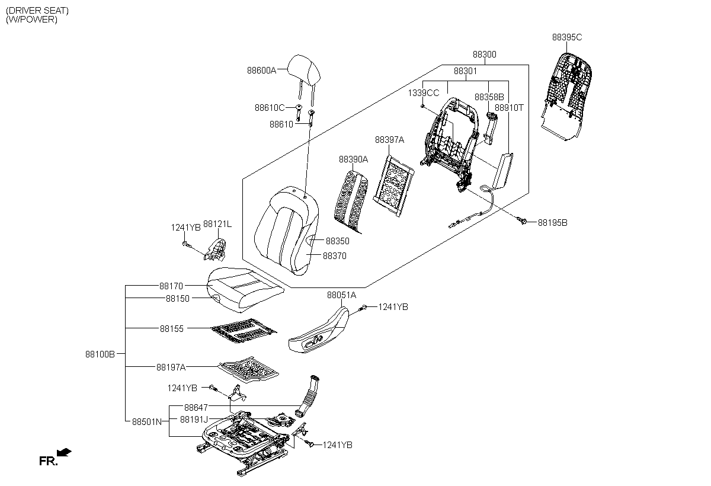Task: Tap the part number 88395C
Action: pos(567,37)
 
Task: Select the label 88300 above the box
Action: pos(485,55)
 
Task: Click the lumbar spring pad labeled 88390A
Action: pos(351,202)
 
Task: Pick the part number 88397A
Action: pos(389,140)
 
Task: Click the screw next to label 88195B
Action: pos(522,220)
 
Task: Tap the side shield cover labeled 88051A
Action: pos(318,330)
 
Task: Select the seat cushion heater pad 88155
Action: pos(244,331)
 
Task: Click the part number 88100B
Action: pos(100,354)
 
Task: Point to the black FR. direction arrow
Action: pos(64,452)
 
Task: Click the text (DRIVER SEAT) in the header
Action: pos(37,11)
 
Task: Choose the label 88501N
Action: pos(147,421)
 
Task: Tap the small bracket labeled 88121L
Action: pos(215,250)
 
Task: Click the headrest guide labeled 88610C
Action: pos(299,113)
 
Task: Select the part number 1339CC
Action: pos(424,93)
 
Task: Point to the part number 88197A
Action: pos(171,367)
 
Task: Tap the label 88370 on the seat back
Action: pos(335,256)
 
